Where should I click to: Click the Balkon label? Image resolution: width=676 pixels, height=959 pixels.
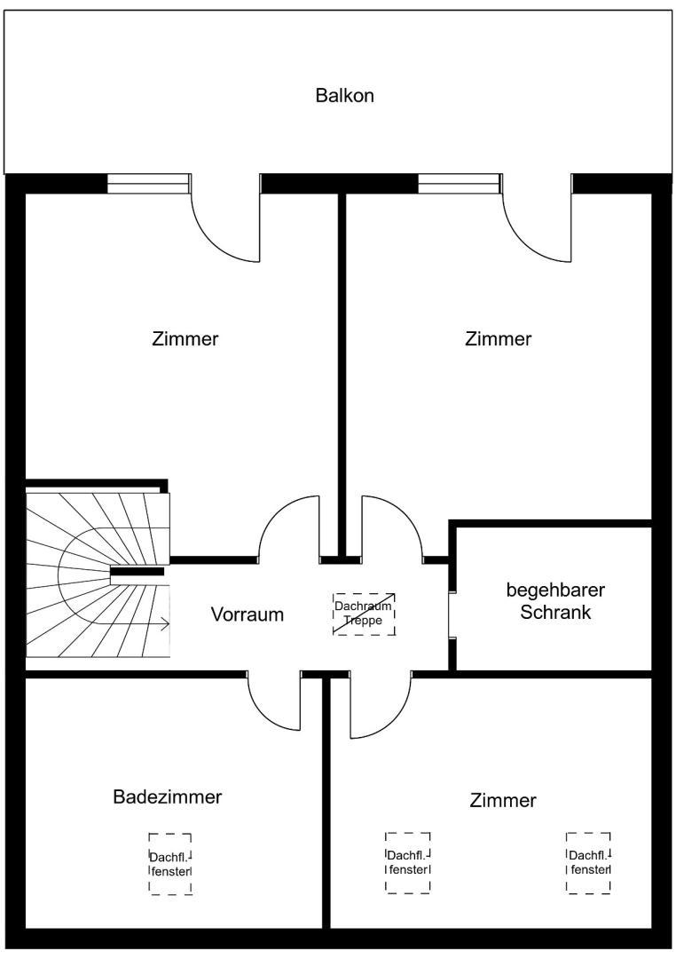coord(344,96)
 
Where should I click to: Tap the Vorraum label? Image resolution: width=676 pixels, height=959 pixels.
coord(248,614)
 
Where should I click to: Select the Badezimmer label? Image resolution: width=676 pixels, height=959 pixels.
coord(167,797)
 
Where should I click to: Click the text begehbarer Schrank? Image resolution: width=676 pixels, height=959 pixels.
coord(555,601)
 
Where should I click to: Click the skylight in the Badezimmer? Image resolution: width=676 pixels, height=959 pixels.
coord(170,863)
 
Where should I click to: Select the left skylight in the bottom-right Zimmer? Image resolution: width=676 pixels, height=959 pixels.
coord(408,863)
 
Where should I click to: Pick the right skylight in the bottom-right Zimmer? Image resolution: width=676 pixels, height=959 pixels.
coord(589,863)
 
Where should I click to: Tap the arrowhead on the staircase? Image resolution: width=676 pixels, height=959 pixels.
coord(165,624)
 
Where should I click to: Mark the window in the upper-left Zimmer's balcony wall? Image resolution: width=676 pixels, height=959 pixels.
coord(148,183)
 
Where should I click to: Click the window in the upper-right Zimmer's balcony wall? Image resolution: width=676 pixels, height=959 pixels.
coord(459,183)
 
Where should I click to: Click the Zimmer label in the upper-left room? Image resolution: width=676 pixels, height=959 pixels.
coord(185,339)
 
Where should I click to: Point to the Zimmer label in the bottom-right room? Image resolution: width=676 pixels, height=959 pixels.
coord(503,801)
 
